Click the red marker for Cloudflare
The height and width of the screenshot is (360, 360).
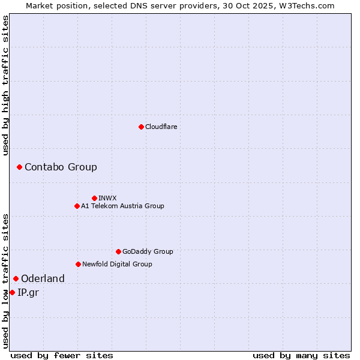pyautogui.click(x=141, y=127)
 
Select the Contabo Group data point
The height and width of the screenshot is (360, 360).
pyautogui.click(x=19, y=167)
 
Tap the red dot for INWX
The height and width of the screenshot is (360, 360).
pyautogui.click(x=94, y=198)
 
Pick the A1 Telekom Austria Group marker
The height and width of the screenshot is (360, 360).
pyautogui.click(x=77, y=206)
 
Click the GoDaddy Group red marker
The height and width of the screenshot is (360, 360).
pyautogui.click(x=118, y=251)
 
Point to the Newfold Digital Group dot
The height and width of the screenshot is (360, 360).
pyautogui.click(x=78, y=264)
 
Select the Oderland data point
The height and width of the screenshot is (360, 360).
pyautogui.click(x=16, y=278)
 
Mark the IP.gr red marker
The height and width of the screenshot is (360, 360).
pyautogui.click(x=12, y=292)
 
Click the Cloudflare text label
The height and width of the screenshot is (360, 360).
pyautogui.click(x=161, y=127)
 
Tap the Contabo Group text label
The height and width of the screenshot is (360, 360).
pyautogui.click(x=61, y=167)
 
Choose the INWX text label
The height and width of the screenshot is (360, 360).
pyautogui.click(x=107, y=198)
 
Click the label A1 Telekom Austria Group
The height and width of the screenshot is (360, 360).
pyautogui.click(x=122, y=206)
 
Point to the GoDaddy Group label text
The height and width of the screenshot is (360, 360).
pyautogui.click(x=148, y=251)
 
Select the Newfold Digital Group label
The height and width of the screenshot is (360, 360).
pyautogui.click(x=117, y=264)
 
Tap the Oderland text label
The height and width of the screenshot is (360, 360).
pyautogui.click(x=43, y=278)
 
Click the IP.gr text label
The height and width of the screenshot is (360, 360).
pyautogui.click(x=28, y=292)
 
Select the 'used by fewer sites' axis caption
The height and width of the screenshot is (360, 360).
pyautogui.click(x=62, y=355)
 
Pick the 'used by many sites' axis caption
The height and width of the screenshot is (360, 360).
pyautogui.click(x=301, y=355)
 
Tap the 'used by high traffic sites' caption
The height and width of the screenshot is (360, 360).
pyautogui.click(x=6, y=85)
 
